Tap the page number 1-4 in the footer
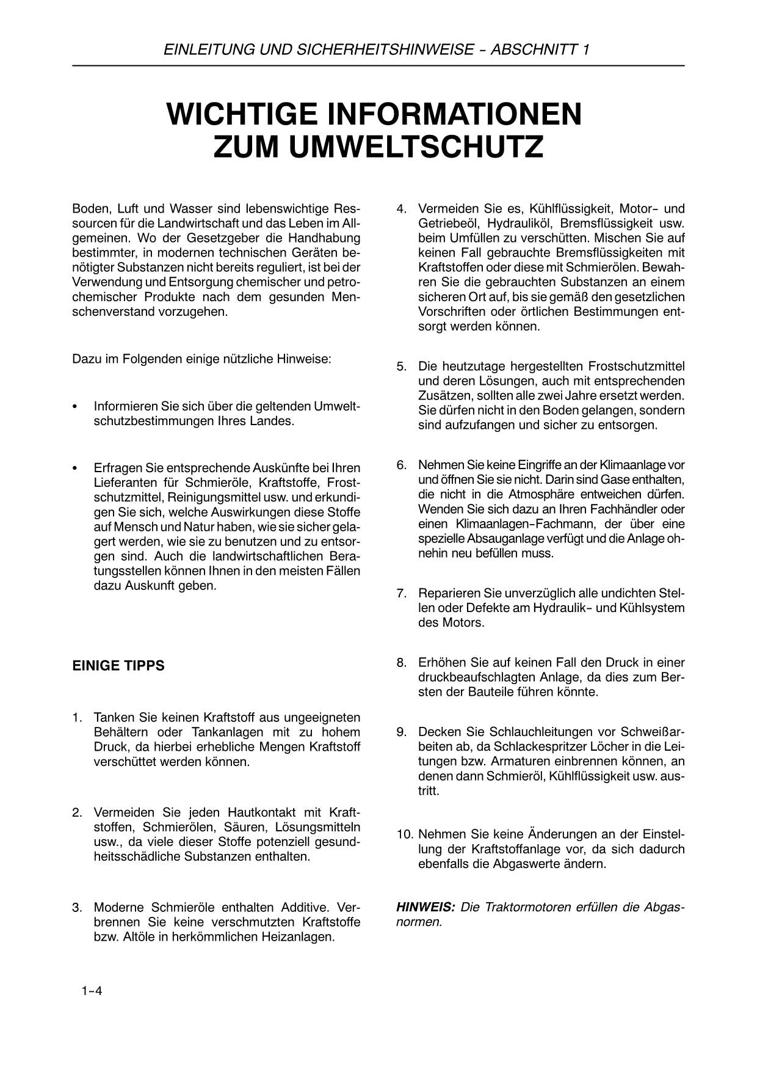coord(92,991)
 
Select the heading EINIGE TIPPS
coord(118,665)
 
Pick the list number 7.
coord(402,593)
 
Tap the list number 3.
coord(78,906)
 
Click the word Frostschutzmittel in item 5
coord(636,366)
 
